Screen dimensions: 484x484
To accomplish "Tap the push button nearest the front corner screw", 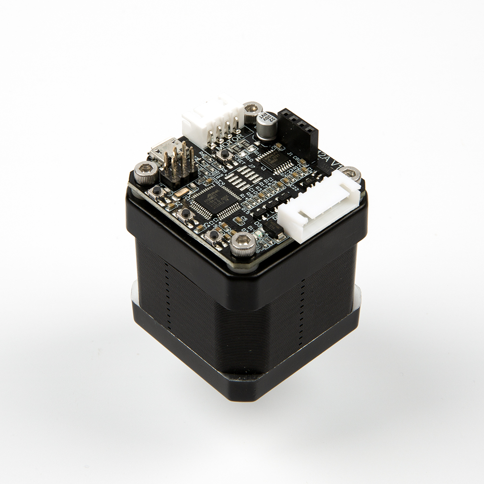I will (213, 235).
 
